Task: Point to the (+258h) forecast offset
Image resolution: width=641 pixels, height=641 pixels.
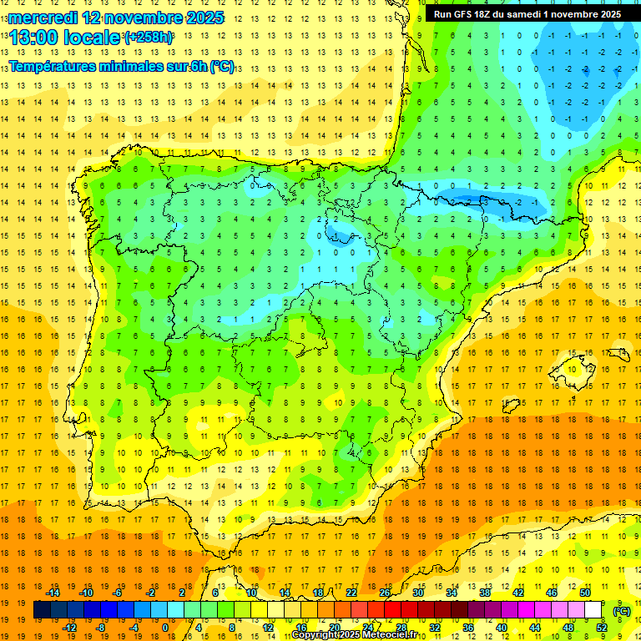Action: click(x=149, y=37)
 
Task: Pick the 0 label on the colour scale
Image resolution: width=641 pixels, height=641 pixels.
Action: click(x=164, y=628)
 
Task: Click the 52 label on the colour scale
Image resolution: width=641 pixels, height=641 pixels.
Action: click(x=602, y=628)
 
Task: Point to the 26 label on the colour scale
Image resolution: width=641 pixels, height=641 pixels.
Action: click(x=385, y=593)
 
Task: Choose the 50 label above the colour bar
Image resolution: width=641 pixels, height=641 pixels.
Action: click(x=585, y=593)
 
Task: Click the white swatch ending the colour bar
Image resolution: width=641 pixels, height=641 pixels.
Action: click(x=593, y=610)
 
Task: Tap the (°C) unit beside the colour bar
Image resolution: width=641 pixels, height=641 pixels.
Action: click(x=622, y=611)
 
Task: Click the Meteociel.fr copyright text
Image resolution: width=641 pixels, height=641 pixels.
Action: click(x=358, y=635)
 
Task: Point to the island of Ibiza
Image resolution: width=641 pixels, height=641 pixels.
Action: click(x=511, y=406)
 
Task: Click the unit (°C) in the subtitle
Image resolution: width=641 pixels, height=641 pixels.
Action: click(x=222, y=67)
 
